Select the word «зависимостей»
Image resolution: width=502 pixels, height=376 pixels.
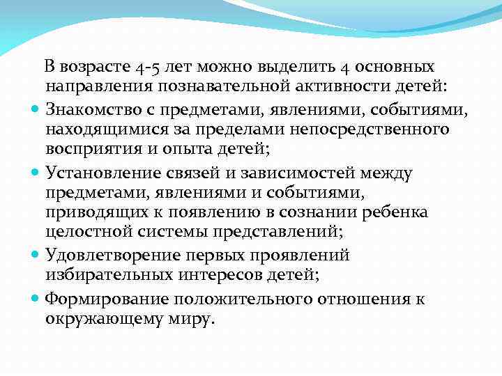pyautogui.click(x=293, y=172)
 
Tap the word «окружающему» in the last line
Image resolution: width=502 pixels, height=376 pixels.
pyautogui.click(x=100, y=319)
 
